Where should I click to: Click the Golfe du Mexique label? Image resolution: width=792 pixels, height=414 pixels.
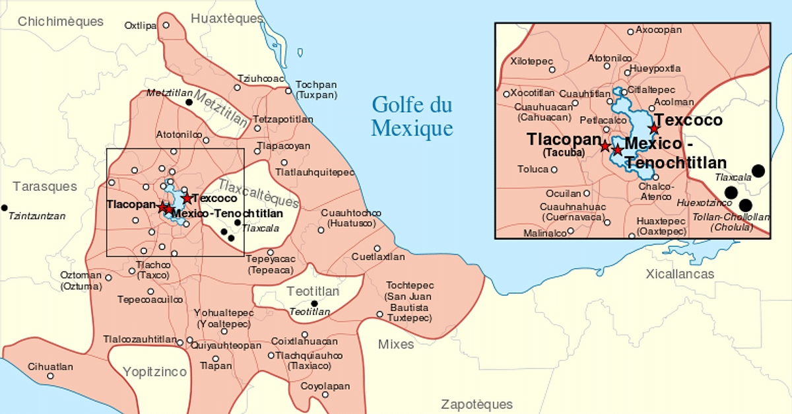click(x=412, y=116)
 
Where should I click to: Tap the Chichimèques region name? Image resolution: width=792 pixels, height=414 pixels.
click(x=61, y=21)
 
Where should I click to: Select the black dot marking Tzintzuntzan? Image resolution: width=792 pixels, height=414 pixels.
click(x=5, y=207)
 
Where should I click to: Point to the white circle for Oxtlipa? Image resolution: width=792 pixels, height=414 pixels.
click(x=166, y=25)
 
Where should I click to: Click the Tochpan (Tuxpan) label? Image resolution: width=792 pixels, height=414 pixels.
click(x=316, y=90)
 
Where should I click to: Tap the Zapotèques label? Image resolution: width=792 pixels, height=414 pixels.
click(x=477, y=404)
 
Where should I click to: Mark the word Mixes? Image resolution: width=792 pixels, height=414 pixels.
click(x=396, y=344)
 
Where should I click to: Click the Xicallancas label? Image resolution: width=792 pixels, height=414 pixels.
click(x=680, y=273)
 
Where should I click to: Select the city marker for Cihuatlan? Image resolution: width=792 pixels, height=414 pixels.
click(x=50, y=376)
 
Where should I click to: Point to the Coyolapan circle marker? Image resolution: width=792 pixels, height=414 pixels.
click(x=325, y=395)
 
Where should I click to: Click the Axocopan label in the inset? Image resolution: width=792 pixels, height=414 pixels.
click(x=657, y=30)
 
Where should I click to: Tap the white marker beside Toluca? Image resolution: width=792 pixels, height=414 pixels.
click(x=554, y=170)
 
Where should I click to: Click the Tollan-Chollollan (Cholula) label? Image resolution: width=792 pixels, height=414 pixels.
click(x=723, y=222)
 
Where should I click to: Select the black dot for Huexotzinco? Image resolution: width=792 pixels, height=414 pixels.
click(x=731, y=193)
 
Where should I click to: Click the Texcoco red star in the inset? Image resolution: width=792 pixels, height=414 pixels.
click(x=653, y=128)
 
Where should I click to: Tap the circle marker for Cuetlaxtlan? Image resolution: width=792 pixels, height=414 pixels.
click(x=377, y=249)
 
